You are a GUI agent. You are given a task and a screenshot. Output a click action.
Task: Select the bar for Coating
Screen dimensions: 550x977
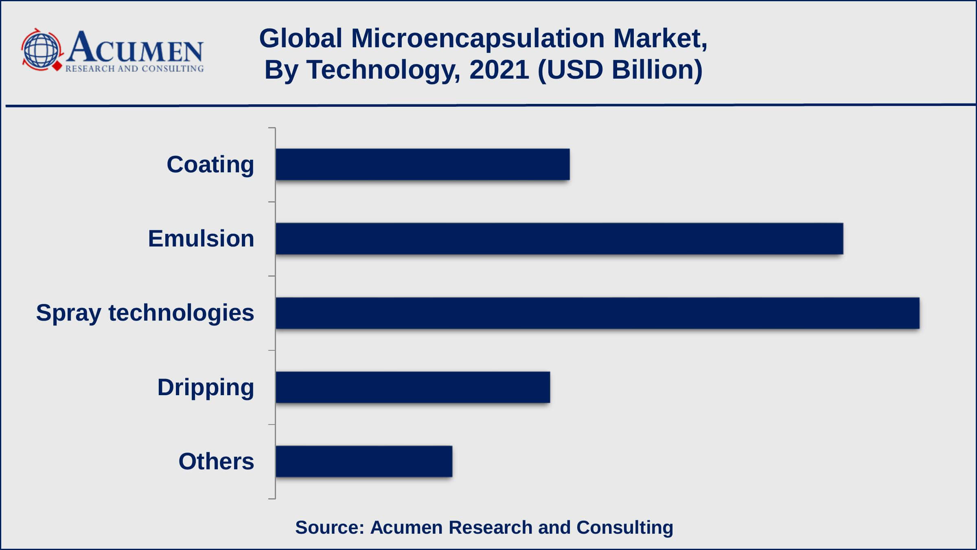[x=423, y=164]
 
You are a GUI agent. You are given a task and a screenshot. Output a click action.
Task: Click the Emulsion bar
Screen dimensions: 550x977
[x=559, y=239]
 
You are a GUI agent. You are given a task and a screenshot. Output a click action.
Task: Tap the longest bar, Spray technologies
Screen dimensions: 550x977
[x=597, y=313]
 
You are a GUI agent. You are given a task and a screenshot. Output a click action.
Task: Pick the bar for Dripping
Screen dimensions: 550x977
[x=413, y=387]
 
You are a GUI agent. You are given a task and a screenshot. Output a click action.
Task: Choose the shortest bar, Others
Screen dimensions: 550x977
[x=364, y=461]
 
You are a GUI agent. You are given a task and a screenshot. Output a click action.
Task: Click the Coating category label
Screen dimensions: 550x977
[x=210, y=165]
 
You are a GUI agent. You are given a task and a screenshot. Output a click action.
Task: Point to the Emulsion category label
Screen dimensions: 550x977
[x=201, y=239]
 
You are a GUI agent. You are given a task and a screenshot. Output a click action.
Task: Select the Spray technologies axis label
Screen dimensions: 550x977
[x=145, y=313]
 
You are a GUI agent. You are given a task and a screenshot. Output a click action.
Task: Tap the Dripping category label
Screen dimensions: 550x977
[x=206, y=387]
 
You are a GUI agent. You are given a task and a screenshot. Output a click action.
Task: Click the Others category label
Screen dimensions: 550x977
[x=216, y=461]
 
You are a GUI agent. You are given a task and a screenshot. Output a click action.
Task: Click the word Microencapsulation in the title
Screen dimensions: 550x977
[x=478, y=39]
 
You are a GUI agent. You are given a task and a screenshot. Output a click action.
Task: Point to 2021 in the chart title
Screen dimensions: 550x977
[x=499, y=70]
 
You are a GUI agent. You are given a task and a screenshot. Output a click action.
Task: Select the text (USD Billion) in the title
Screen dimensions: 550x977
[x=620, y=70]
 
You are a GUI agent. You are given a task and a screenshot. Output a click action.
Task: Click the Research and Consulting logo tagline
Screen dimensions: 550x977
[x=134, y=69]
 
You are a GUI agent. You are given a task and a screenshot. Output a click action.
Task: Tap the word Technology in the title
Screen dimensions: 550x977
[x=383, y=70]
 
